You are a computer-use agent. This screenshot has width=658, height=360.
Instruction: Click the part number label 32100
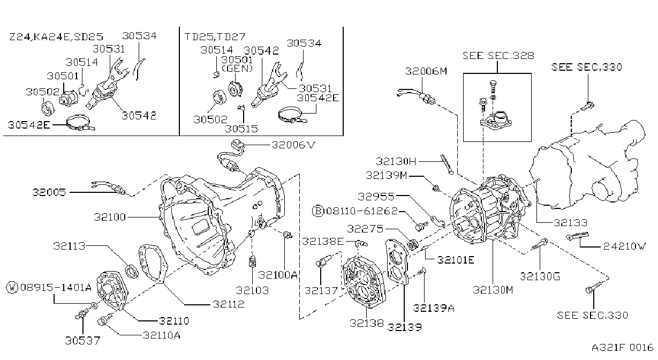pyautogui.click(x=110, y=217)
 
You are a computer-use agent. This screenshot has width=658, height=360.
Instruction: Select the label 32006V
pyautogui.click(x=293, y=145)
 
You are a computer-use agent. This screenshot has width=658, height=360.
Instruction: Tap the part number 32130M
pyautogui.click(x=493, y=290)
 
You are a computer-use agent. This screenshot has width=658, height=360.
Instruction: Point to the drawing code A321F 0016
pyautogui.click(x=622, y=348)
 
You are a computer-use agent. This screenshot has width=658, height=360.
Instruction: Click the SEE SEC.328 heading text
pyautogui.click(x=498, y=56)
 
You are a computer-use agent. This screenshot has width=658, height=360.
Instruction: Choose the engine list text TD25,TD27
pyautogui.click(x=215, y=37)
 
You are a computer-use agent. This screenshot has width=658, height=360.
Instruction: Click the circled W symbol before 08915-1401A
pyautogui.click(x=12, y=288)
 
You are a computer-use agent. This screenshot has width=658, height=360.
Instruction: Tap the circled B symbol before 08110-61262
pyautogui.click(x=317, y=211)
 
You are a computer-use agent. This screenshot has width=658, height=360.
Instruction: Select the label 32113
pyautogui.click(x=69, y=246)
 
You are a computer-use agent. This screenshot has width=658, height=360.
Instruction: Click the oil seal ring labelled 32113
pyautogui.click(x=132, y=271)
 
